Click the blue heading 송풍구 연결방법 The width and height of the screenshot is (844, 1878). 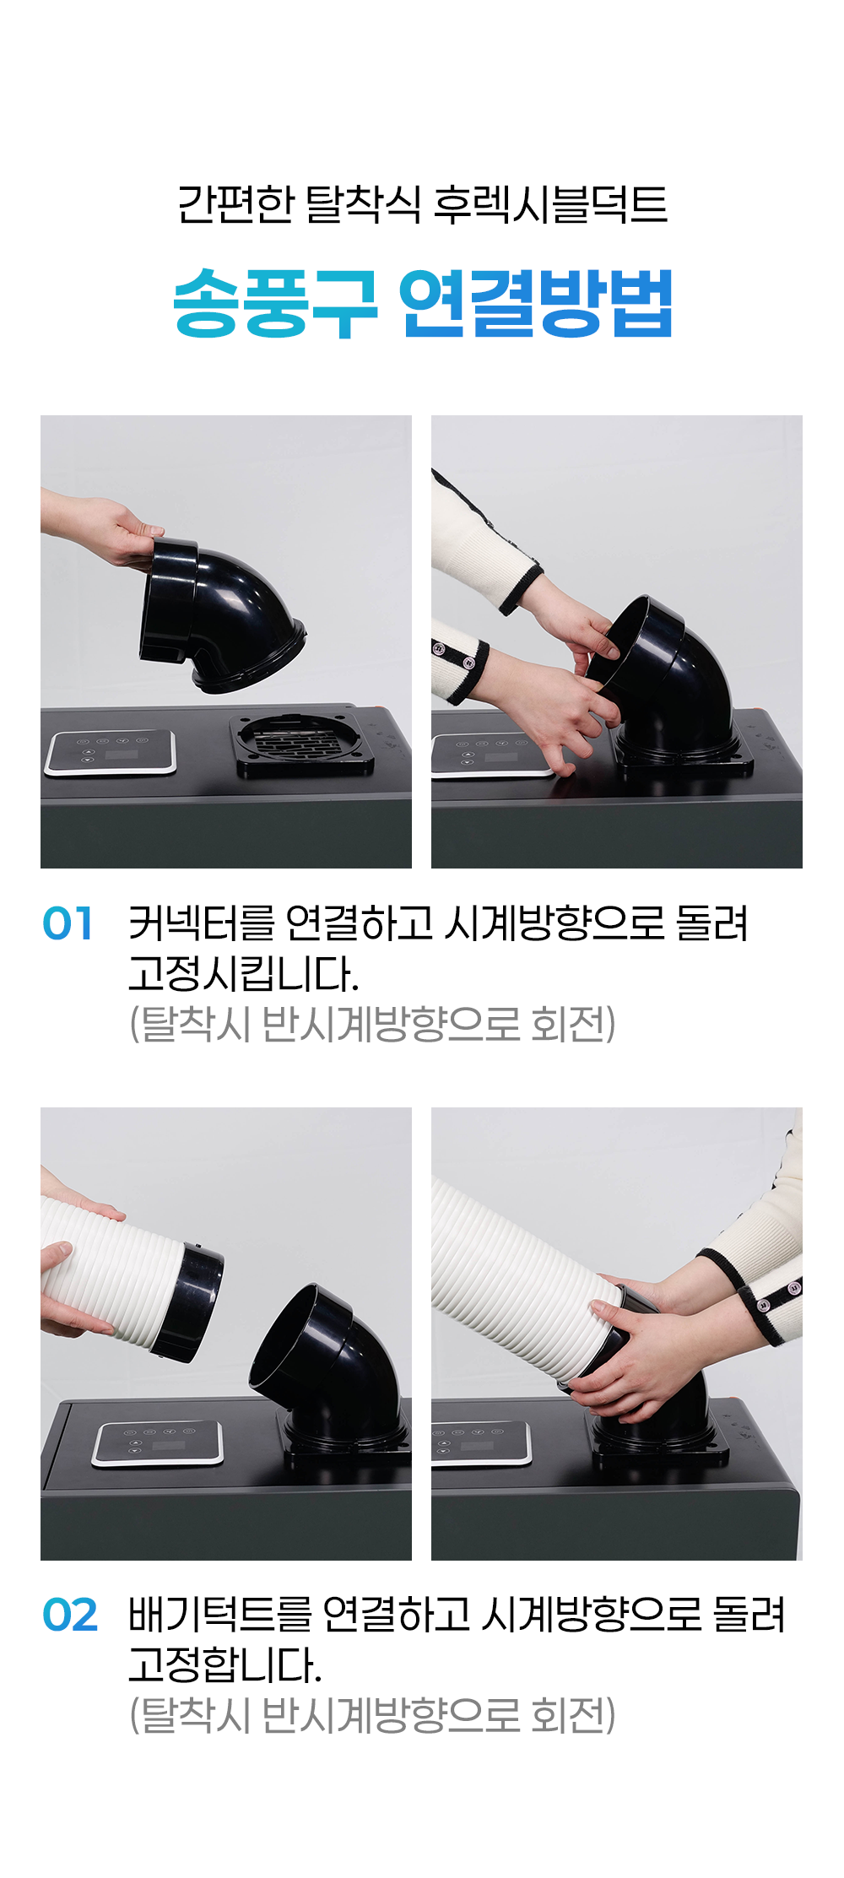pyautogui.click(x=422, y=303)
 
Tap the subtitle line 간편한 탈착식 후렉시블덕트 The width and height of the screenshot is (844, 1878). pyautogui.click(x=422, y=205)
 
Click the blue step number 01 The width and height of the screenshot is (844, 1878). pyautogui.click(x=68, y=923)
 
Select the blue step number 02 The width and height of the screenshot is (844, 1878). pyautogui.click(x=70, y=1616)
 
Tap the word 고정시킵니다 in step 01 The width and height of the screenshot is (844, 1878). pyautogui.click(x=244, y=973)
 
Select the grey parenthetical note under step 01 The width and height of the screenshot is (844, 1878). pyautogui.click(x=372, y=1024)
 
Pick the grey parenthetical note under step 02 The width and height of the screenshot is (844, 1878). pyautogui.click(x=372, y=1715)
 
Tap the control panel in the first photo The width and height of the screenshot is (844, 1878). pyautogui.click(x=111, y=752)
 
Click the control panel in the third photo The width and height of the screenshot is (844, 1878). pyautogui.click(x=158, y=1443)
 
